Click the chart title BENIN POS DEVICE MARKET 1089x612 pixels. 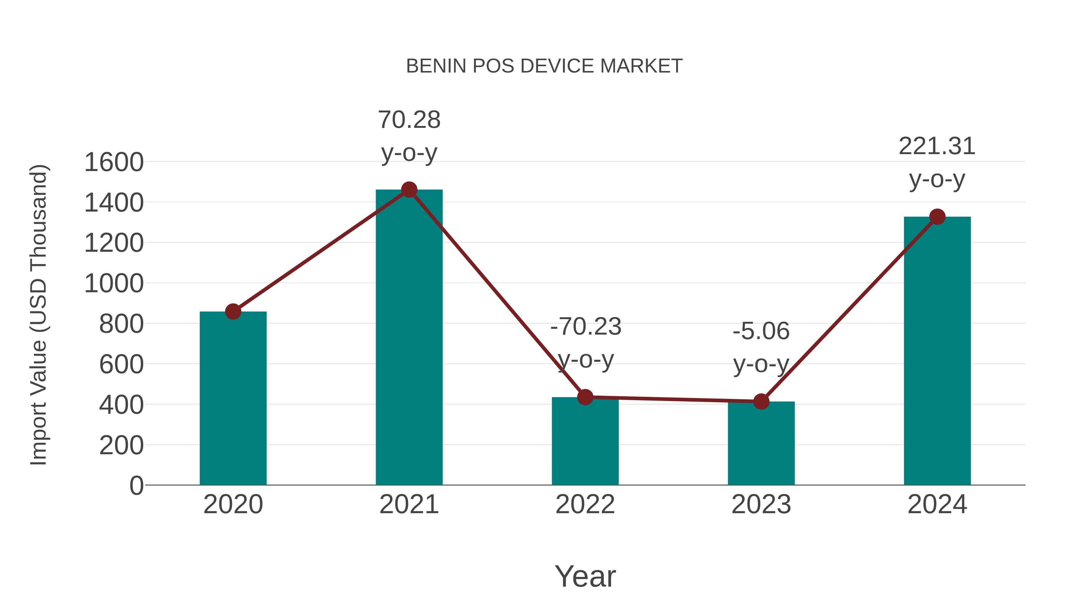[x=544, y=66]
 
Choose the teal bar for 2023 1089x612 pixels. [x=761, y=443]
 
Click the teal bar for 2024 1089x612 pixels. [x=937, y=351]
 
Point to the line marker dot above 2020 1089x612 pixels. [x=233, y=312]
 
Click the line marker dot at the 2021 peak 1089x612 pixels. [x=409, y=189]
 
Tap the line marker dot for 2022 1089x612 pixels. [x=585, y=397]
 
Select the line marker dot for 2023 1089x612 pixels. [x=761, y=401]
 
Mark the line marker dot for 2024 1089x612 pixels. [x=937, y=217]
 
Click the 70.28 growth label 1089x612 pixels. [x=409, y=120]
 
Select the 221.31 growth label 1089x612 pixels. [x=937, y=146]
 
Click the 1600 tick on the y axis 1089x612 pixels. [x=114, y=162]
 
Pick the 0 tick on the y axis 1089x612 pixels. [x=136, y=485]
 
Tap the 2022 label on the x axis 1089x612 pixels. [x=585, y=504]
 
